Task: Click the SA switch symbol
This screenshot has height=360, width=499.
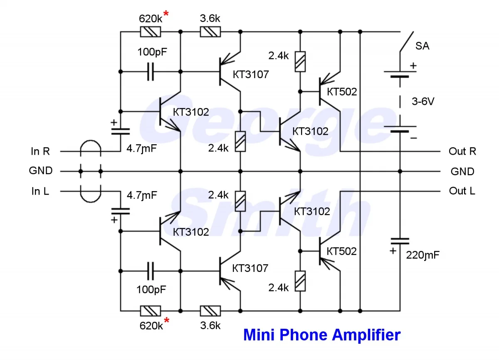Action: pos(406,42)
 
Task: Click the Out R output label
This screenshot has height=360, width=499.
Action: pos(462,151)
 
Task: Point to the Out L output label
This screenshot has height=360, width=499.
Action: pos(462,191)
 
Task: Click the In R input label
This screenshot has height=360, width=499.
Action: pos(40,151)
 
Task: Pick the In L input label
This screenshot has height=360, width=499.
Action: pos(40,191)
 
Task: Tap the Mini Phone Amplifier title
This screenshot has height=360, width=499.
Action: pos(322,335)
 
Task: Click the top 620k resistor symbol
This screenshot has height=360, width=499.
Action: pos(151,32)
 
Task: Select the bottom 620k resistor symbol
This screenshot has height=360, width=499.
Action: pos(151,311)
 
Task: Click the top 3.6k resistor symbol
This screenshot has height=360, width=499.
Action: pos(210,32)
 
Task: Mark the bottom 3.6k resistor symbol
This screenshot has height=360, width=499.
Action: pos(210,311)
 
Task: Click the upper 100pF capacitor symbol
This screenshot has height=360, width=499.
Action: pos(151,72)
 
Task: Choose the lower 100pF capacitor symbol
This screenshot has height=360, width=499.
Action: pos(151,271)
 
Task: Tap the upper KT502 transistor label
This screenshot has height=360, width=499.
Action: pos(342,92)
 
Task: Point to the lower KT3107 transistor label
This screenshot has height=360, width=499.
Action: pos(250,268)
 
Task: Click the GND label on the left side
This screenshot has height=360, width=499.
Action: pos(41,171)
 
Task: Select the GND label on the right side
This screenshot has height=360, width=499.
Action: pos(462,171)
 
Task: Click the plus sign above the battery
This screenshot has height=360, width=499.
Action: pos(413,66)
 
